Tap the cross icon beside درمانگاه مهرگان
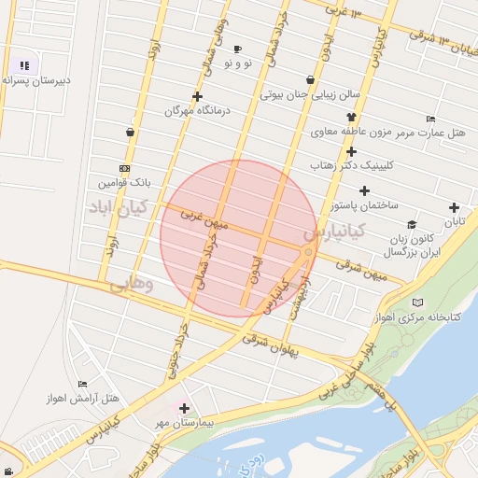coord(197,96)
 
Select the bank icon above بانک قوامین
coord(125,168)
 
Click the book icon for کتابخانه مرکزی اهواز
coord(416,302)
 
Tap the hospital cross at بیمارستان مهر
coord(185,408)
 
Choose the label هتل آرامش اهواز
coord(83,399)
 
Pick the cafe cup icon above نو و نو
coord(237,49)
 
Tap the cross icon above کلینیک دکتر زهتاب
coord(351,151)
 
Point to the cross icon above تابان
coord(454,207)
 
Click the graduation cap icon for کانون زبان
coord(412,224)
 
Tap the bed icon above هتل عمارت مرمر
coord(429,119)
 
